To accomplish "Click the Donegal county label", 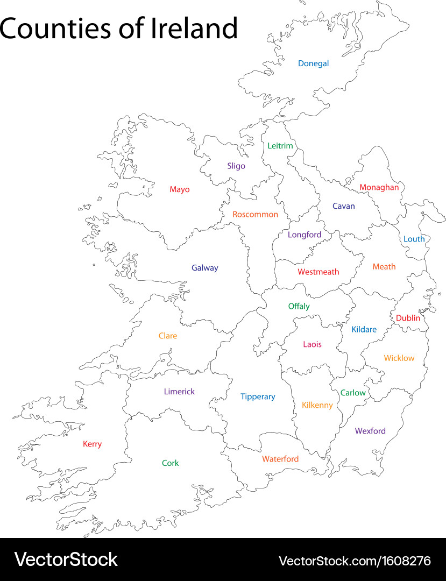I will tap(313, 63).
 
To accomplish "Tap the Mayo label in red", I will tap(180, 189).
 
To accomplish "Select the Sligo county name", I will tap(236, 166).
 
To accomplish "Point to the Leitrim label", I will tap(280, 146).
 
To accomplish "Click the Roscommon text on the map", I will tap(255, 215).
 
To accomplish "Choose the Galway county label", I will tap(204, 268).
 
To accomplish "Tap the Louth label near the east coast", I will tap(414, 239).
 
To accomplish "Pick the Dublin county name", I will tap(408, 318).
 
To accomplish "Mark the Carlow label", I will tap(353, 393).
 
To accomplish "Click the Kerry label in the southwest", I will tap(92, 444).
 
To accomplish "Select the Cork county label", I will tap(171, 463).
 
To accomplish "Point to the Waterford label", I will tap(280, 459).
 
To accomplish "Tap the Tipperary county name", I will tap(258, 397).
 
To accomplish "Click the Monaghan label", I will tap(379, 188).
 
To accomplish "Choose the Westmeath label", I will tap(318, 272).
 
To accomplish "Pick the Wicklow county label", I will tap(399, 358).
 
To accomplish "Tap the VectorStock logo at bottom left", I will tap(66, 559).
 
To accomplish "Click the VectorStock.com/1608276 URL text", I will tap(355, 561).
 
